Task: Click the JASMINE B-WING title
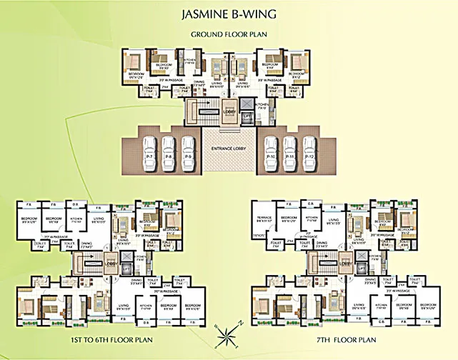(229, 14)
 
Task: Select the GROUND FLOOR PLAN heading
(229, 34)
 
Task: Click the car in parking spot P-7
(149, 151)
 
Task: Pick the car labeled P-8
(169, 151)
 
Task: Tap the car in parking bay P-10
(270, 151)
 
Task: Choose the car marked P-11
(289, 151)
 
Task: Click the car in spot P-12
(309, 151)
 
